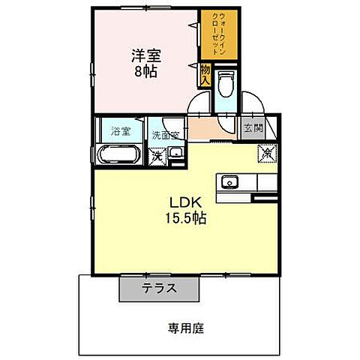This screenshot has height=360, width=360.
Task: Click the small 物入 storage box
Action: [x=204, y=73]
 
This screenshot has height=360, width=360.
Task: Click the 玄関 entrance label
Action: [x=250, y=127]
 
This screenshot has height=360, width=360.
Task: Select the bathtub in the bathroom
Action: [x=119, y=156]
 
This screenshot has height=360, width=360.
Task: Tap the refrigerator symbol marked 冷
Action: [x=266, y=152]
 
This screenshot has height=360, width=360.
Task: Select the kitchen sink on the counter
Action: [x=229, y=182]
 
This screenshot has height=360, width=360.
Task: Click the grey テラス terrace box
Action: [x=158, y=288]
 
